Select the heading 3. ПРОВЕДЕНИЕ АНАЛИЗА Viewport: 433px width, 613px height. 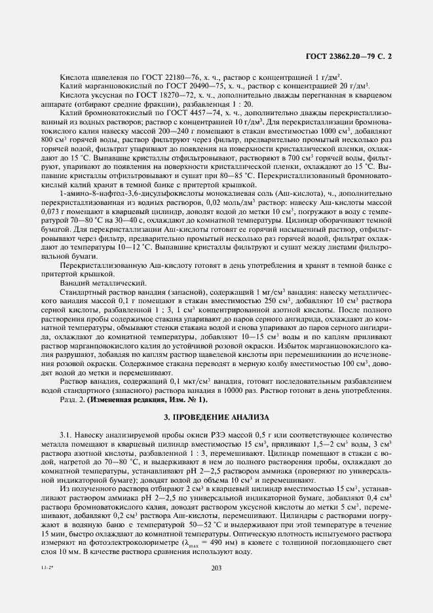click(x=216, y=417)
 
